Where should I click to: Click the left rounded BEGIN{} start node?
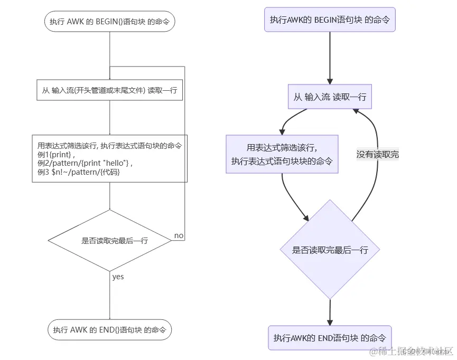(x=109, y=22)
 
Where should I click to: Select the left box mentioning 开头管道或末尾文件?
(x=109, y=90)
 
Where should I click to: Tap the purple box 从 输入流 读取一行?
(x=330, y=97)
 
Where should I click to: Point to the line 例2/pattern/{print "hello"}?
(x=84, y=163)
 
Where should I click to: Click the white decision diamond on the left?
(x=109, y=240)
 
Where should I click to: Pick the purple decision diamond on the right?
(x=330, y=250)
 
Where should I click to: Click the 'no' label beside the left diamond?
(x=179, y=235)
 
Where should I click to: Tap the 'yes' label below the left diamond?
(x=118, y=277)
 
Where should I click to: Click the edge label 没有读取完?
(x=377, y=154)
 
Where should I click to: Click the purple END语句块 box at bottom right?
(x=330, y=338)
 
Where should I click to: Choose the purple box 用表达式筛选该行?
(x=282, y=154)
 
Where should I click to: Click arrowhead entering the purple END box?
(x=330, y=321)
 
